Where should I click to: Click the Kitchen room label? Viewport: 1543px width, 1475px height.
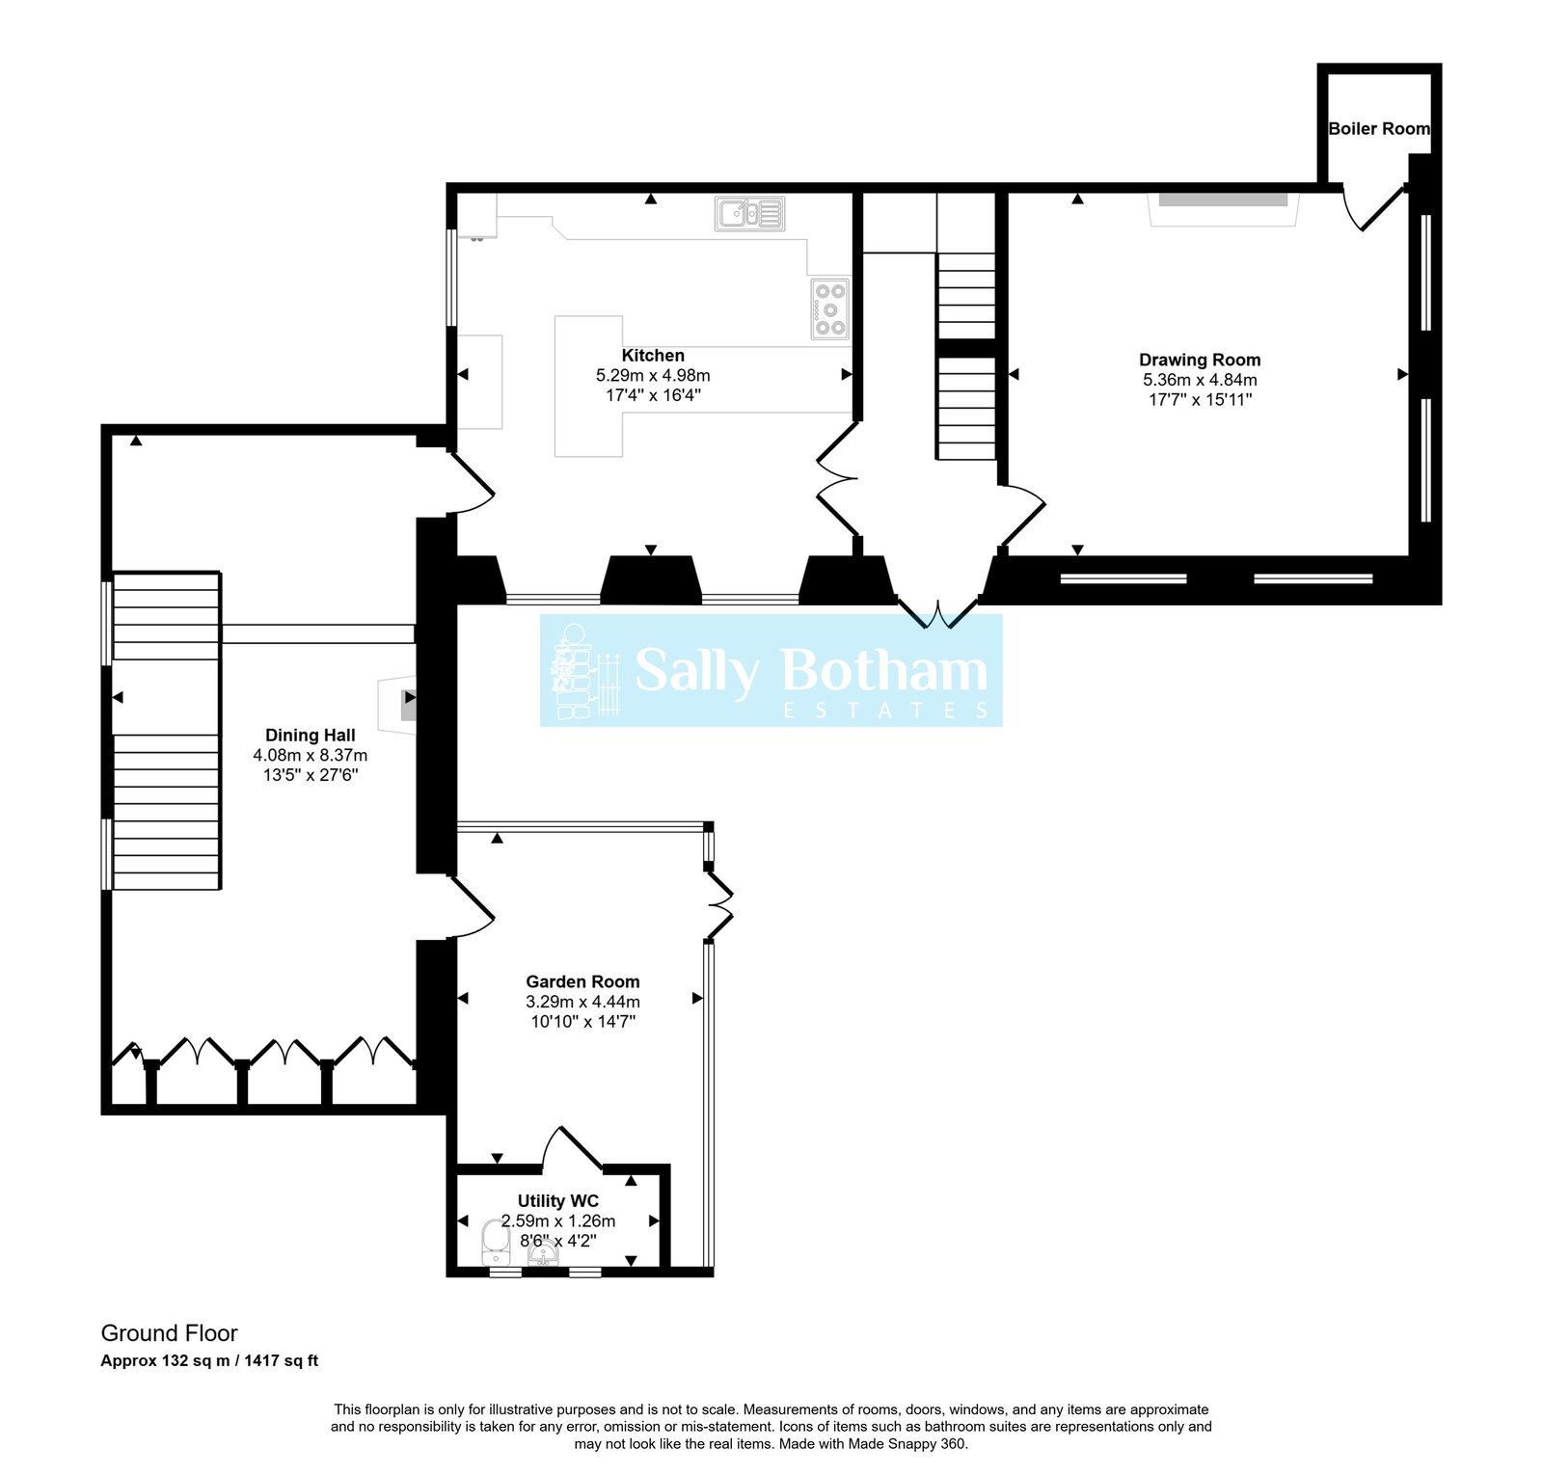click(653, 356)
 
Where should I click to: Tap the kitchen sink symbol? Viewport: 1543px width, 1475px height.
click(749, 213)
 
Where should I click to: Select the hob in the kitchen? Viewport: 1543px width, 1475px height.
click(829, 309)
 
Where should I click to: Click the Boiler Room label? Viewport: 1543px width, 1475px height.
click(1378, 129)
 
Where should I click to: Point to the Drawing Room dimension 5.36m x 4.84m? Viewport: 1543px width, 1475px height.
click(1199, 380)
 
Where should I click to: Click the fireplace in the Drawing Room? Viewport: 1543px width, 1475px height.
click(1223, 205)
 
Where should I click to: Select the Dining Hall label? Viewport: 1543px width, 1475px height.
click(310, 736)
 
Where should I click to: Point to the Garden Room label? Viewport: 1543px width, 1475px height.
click(582, 981)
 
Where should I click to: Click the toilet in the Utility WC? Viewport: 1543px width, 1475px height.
click(496, 1242)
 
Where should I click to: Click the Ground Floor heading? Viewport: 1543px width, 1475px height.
click(169, 1333)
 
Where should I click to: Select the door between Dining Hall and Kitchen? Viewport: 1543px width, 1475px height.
click(471, 482)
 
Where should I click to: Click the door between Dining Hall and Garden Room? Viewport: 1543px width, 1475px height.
click(471, 906)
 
